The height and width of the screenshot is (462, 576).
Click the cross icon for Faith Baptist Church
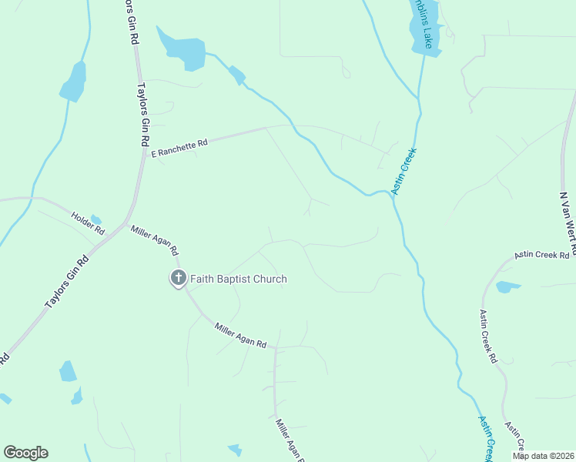[178, 278]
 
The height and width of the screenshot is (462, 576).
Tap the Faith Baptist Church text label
[239, 279]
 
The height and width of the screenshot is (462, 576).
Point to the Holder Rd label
[87, 223]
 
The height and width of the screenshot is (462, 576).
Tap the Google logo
[25, 453]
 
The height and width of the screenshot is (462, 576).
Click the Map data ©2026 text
[542, 455]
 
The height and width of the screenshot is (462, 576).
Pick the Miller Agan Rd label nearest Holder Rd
[155, 240]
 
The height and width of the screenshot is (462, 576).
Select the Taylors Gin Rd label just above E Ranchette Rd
[142, 115]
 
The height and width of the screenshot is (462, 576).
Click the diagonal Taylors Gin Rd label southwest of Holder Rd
[67, 283]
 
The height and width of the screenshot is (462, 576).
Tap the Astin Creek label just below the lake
[404, 171]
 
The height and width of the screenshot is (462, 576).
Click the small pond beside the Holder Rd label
[95, 219]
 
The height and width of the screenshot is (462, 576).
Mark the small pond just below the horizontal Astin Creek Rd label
[507, 287]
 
